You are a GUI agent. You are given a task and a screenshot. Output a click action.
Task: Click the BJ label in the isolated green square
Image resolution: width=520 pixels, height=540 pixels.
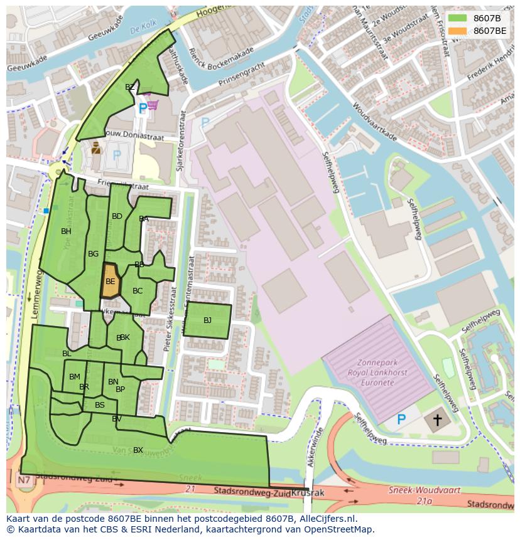click(207, 320)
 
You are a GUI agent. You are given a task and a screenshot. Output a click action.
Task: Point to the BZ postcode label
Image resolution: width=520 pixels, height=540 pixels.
click(129, 87)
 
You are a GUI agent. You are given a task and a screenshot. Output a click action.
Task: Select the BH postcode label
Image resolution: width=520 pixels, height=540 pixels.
click(66, 231)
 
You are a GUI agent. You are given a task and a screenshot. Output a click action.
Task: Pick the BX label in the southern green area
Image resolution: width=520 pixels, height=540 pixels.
click(138, 450)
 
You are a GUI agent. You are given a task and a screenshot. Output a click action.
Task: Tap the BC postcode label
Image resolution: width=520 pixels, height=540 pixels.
click(138, 290)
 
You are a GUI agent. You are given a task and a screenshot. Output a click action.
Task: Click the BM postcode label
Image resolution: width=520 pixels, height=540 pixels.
click(75, 377)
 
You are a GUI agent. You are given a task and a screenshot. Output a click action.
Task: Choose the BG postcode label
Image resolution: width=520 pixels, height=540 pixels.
click(93, 254)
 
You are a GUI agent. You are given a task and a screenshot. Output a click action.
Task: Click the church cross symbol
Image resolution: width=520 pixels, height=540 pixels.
click(437, 420)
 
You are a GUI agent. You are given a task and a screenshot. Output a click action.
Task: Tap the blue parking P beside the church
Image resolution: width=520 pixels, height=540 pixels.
click(401, 419)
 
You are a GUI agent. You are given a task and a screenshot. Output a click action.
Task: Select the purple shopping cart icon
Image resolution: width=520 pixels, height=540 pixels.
click(151, 104)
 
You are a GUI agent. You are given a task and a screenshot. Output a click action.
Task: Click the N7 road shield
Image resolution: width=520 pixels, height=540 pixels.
click(24, 480)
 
